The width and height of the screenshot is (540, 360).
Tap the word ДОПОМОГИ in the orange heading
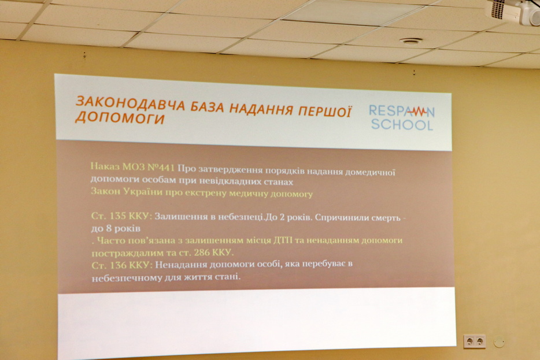tap(120, 118)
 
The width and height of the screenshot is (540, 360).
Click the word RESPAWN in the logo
tap(402, 111)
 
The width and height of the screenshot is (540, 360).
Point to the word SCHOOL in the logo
tap(402, 125)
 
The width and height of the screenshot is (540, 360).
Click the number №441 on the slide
tap(161, 168)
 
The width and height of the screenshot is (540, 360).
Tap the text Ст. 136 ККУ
tap(121, 265)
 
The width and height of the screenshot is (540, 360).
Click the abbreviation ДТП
tap(283, 240)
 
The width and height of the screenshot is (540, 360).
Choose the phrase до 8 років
tap(116, 228)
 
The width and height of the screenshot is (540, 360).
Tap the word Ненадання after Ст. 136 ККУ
tap(180, 265)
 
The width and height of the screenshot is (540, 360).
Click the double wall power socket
tap(475, 341)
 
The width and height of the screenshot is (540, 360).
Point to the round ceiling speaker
tap(411, 41)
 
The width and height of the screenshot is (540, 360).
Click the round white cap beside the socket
tap(499, 342)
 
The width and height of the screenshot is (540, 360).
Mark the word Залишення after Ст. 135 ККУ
tap(179, 217)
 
